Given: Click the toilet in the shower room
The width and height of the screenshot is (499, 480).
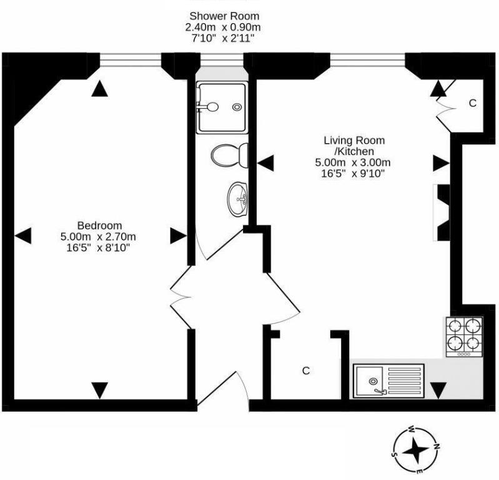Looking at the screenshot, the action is tap(229, 156).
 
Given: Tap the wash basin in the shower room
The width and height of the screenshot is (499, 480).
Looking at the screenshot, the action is tap(237, 199).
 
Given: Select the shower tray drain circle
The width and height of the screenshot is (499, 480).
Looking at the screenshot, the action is tap(237, 107).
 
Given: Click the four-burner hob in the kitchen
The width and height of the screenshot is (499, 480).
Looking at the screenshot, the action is tap(464, 337).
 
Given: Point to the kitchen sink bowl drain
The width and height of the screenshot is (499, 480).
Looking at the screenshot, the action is tap(373, 381).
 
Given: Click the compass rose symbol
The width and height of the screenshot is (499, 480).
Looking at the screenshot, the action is tap(415, 451).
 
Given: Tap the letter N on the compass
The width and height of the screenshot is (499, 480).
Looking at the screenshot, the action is tap(437, 446).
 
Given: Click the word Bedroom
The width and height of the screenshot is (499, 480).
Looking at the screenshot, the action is tap(99, 226).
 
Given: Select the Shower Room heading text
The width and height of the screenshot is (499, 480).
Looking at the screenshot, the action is tap(224, 16).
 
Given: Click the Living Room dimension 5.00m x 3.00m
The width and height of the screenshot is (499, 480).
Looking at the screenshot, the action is tap(353, 162).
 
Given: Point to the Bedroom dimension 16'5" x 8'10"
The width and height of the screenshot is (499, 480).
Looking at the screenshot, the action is tap(98, 247).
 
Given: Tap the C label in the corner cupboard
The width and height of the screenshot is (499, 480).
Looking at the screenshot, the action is tap(473, 103).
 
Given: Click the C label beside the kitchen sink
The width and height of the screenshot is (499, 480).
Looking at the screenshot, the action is tap(306, 371).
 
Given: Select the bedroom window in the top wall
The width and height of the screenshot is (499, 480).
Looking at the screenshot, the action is tap(131, 60).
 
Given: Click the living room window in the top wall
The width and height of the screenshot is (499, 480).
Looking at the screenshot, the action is tap(368, 60).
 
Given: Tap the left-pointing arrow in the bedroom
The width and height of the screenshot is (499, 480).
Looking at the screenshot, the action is tap(23, 236).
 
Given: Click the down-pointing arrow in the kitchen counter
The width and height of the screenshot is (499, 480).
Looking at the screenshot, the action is tap(438, 391).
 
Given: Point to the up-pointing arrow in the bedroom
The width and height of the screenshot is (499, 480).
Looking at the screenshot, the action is tap(99, 88).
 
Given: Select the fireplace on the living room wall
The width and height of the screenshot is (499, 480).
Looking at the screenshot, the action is tap(442, 212).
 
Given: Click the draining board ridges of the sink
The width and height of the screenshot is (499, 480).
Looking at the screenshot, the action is tap(405, 381).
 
